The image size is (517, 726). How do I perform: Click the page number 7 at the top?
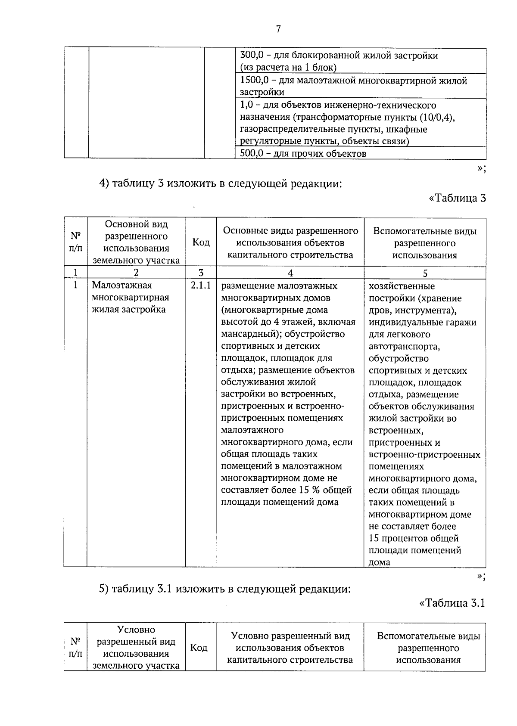[x=278, y=29]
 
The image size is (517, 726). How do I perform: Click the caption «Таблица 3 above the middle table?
[x=458, y=198]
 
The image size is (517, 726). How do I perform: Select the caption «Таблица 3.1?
[x=452, y=603]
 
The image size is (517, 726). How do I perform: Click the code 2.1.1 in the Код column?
[x=201, y=285]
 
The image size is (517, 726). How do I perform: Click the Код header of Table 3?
[x=201, y=242]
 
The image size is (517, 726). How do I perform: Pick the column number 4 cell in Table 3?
[x=290, y=273]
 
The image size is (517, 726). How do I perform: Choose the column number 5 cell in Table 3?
[x=425, y=273]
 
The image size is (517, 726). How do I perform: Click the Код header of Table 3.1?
[x=199, y=648]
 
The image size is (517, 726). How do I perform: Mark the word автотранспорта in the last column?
[x=404, y=347]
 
